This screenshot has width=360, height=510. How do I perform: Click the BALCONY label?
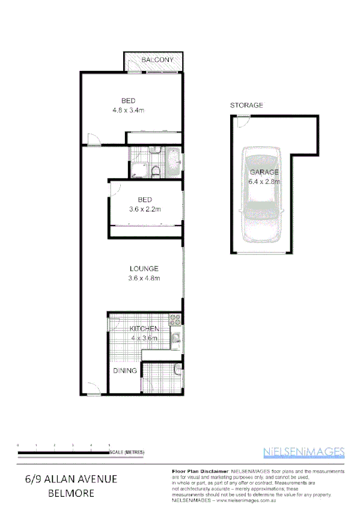[x=157, y=60]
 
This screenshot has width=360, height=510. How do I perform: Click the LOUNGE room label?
[x=144, y=268]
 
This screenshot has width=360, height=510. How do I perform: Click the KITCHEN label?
[x=145, y=329]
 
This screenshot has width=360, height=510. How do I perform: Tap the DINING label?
[x=124, y=371]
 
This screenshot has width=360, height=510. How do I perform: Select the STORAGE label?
[x=246, y=105]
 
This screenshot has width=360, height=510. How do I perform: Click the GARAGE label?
[x=264, y=172]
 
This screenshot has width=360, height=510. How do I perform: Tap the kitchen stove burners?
[x=175, y=319]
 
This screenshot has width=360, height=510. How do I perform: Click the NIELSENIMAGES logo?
[x=304, y=452]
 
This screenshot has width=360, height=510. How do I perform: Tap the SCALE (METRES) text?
[x=127, y=452]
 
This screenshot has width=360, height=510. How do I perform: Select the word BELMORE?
[x=72, y=494]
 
